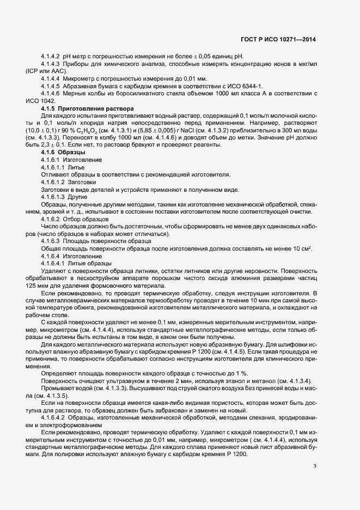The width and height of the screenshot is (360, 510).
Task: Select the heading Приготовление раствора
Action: point(95,109)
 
